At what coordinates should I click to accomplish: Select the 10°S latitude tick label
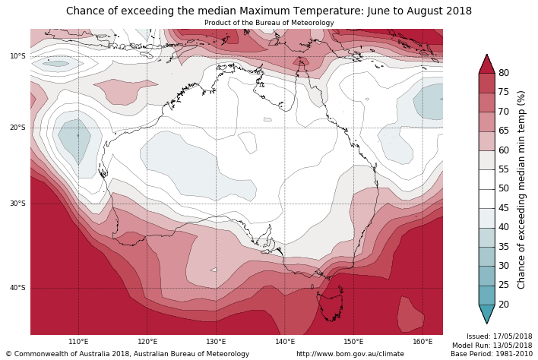(17, 56)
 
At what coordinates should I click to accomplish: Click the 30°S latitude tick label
(17, 204)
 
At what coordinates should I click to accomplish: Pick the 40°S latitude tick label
(17, 288)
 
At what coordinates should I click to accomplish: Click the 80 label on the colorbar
(504, 73)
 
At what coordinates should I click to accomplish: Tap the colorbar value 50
(504, 188)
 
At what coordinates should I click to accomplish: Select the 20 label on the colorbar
(504, 305)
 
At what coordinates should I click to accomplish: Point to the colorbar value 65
(504, 131)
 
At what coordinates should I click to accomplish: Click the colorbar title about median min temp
(521, 189)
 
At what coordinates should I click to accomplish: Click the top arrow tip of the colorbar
(487, 55)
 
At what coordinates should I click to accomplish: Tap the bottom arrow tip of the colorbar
(487, 323)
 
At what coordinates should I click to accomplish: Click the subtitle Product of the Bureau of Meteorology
(269, 23)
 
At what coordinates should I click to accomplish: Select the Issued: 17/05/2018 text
(498, 336)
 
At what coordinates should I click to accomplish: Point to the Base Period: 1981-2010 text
(491, 354)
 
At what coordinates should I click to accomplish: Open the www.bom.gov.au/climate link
(350, 354)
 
